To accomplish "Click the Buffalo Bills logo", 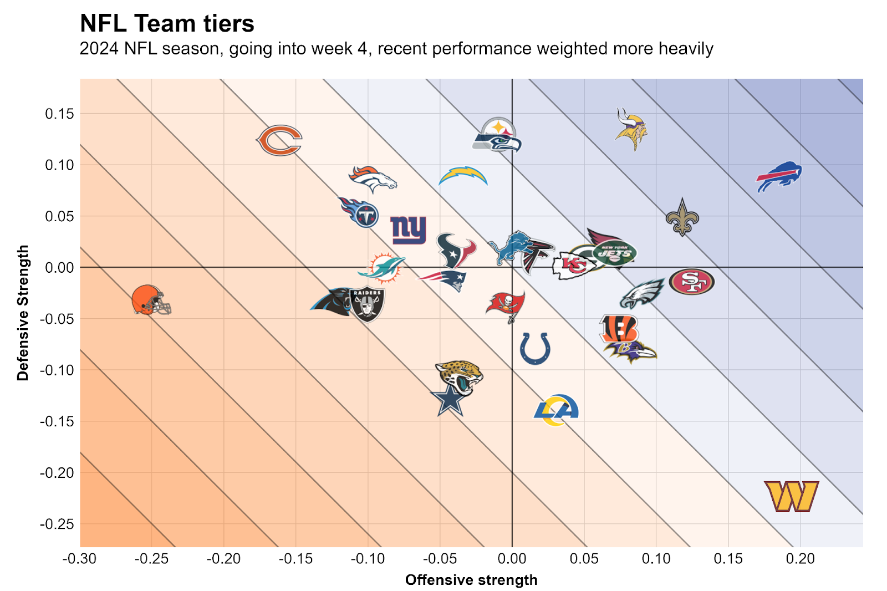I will pyautogui.click(x=779, y=177).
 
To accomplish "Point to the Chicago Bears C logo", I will pyautogui.click(x=279, y=140).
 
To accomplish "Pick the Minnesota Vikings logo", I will pyautogui.click(x=631, y=129).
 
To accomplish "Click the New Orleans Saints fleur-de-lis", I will pyautogui.click(x=682, y=217).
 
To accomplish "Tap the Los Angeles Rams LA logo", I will pyautogui.click(x=556, y=410).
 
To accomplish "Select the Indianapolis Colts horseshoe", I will pyautogui.click(x=535, y=348).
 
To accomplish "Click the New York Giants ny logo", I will pyautogui.click(x=409, y=230).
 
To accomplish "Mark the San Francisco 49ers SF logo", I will pyautogui.click(x=691, y=282).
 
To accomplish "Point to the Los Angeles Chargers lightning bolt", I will pyautogui.click(x=463, y=176).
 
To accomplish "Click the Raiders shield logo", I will pyautogui.click(x=367, y=304).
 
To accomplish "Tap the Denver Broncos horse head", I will pyautogui.click(x=373, y=179).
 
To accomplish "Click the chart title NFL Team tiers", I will pyautogui.click(x=167, y=24).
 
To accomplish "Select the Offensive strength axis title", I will pyautogui.click(x=471, y=580).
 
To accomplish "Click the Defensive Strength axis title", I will pyautogui.click(x=23, y=313).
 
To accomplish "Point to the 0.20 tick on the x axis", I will pyautogui.click(x=800, y=559).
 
